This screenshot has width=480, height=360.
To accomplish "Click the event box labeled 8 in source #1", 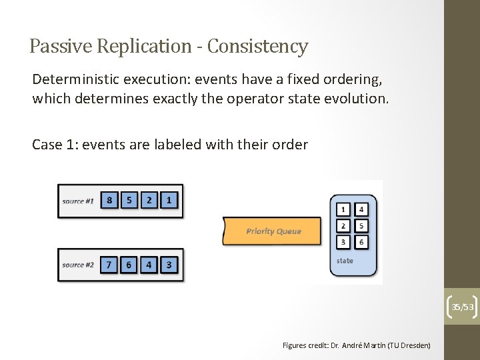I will [109, 200].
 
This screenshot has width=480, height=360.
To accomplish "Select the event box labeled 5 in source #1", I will [129, 200].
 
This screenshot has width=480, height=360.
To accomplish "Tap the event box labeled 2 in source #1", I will [149, 200].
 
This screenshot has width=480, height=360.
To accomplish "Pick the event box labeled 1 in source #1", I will [169, 200].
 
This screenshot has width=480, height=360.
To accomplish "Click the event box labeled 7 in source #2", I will [109, 265].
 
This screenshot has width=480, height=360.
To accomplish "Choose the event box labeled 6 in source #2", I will [129, 265].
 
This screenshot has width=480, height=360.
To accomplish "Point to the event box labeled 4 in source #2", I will [149, 265].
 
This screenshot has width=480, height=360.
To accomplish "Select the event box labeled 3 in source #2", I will [169, 265].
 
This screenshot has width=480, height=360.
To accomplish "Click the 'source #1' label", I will [78, 201].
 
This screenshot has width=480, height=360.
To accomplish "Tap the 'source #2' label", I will [78, 265].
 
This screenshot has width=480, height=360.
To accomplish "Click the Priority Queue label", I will [273, 231].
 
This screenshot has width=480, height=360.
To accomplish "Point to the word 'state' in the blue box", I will [345, 261].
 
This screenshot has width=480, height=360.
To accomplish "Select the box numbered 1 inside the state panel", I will [343, 209].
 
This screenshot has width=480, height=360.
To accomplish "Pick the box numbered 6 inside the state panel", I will [361, 242].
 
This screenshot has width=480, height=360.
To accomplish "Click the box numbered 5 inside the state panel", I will [361, 226].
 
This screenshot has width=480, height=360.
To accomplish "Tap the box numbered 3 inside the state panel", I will [343, 242].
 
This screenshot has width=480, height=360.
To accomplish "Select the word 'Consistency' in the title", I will [257, 47].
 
